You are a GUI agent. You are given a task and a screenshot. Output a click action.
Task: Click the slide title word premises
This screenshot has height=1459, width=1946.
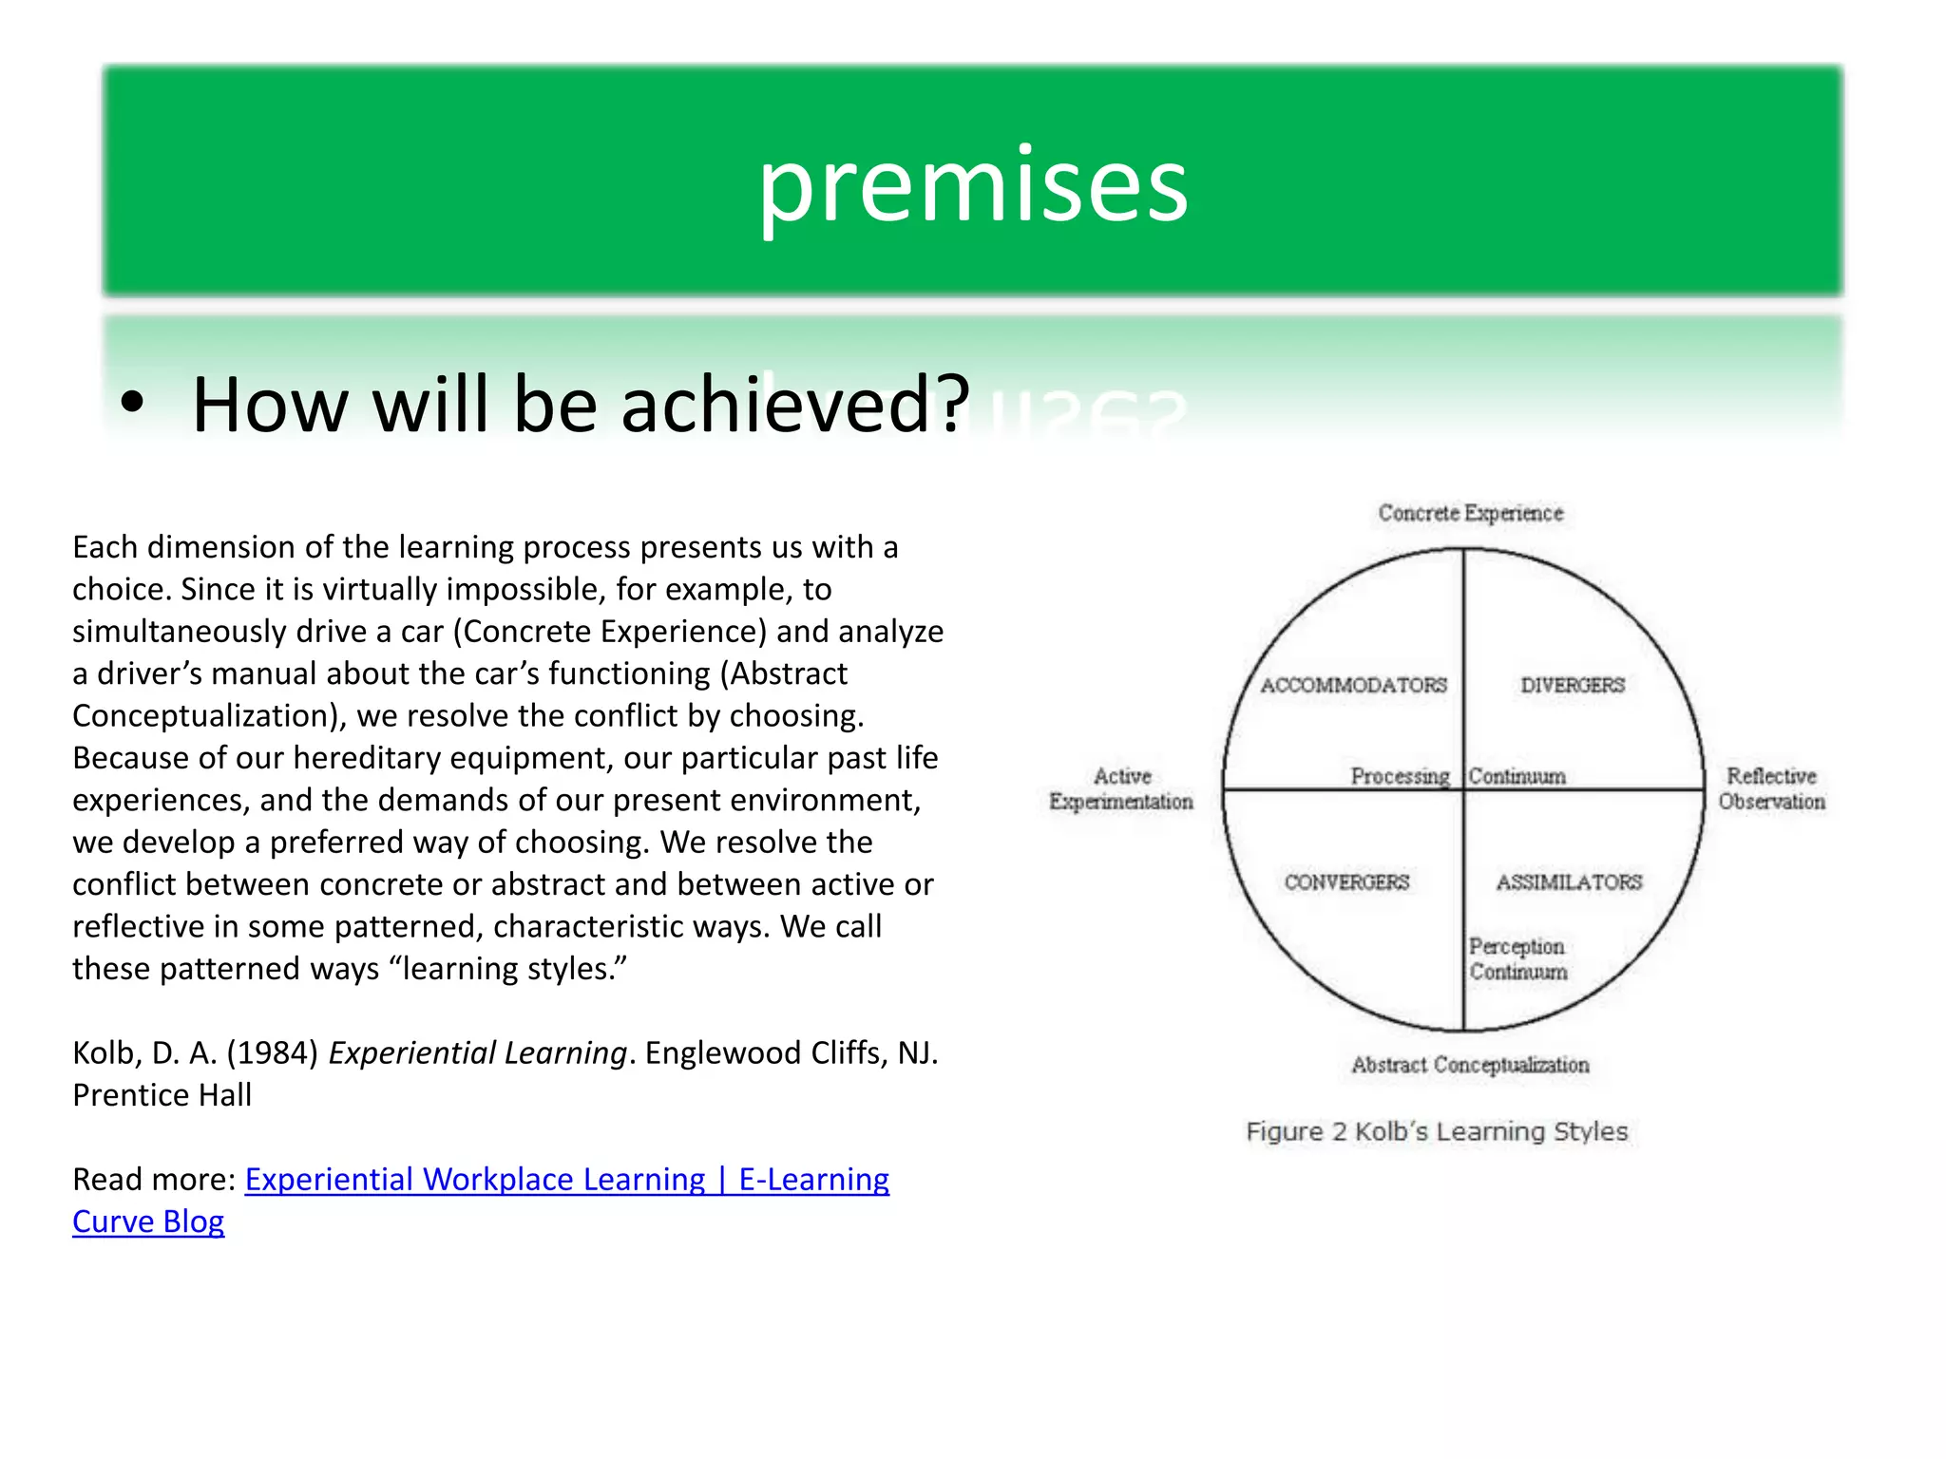pos(972,185)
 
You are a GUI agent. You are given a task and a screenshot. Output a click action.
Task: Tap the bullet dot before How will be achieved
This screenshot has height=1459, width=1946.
pos(132,403)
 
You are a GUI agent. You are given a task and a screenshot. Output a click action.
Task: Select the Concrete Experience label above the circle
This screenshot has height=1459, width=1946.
pos(1470,513)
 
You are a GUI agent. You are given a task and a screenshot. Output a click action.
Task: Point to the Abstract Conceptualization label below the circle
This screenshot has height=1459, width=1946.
pos(1470,1065)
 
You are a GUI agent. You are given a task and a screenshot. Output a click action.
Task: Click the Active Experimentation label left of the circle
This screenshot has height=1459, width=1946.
pos(1121,788)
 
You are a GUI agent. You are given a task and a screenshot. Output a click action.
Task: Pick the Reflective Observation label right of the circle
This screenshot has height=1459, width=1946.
pos(1771,788)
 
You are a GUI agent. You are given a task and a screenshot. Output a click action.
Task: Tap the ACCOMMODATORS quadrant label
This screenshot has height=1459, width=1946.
pos(1353,685)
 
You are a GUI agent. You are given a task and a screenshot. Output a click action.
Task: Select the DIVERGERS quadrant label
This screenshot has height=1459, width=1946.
pos(1573,685)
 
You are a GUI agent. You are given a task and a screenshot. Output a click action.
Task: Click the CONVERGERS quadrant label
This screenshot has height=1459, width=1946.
pos(1346,882)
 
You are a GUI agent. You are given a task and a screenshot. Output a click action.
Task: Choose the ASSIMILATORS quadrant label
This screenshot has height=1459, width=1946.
pos(1569,882)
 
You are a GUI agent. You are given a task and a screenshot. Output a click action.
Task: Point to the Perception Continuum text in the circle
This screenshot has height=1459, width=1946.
pos(1517,958)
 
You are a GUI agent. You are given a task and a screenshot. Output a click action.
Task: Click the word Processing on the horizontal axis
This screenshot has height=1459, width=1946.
pos(1400,776)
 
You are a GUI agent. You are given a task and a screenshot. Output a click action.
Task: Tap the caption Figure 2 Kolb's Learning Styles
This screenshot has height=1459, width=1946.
pos(1437,1131)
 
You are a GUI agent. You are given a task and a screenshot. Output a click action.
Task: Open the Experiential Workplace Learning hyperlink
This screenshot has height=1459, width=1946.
pos(566,1179)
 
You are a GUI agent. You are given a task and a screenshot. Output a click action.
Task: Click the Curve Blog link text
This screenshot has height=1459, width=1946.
pos(148,1222)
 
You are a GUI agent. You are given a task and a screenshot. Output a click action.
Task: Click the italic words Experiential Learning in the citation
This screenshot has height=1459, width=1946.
pos(477,1052)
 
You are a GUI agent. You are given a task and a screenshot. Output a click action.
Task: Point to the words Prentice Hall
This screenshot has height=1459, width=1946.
pos(162,1095)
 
